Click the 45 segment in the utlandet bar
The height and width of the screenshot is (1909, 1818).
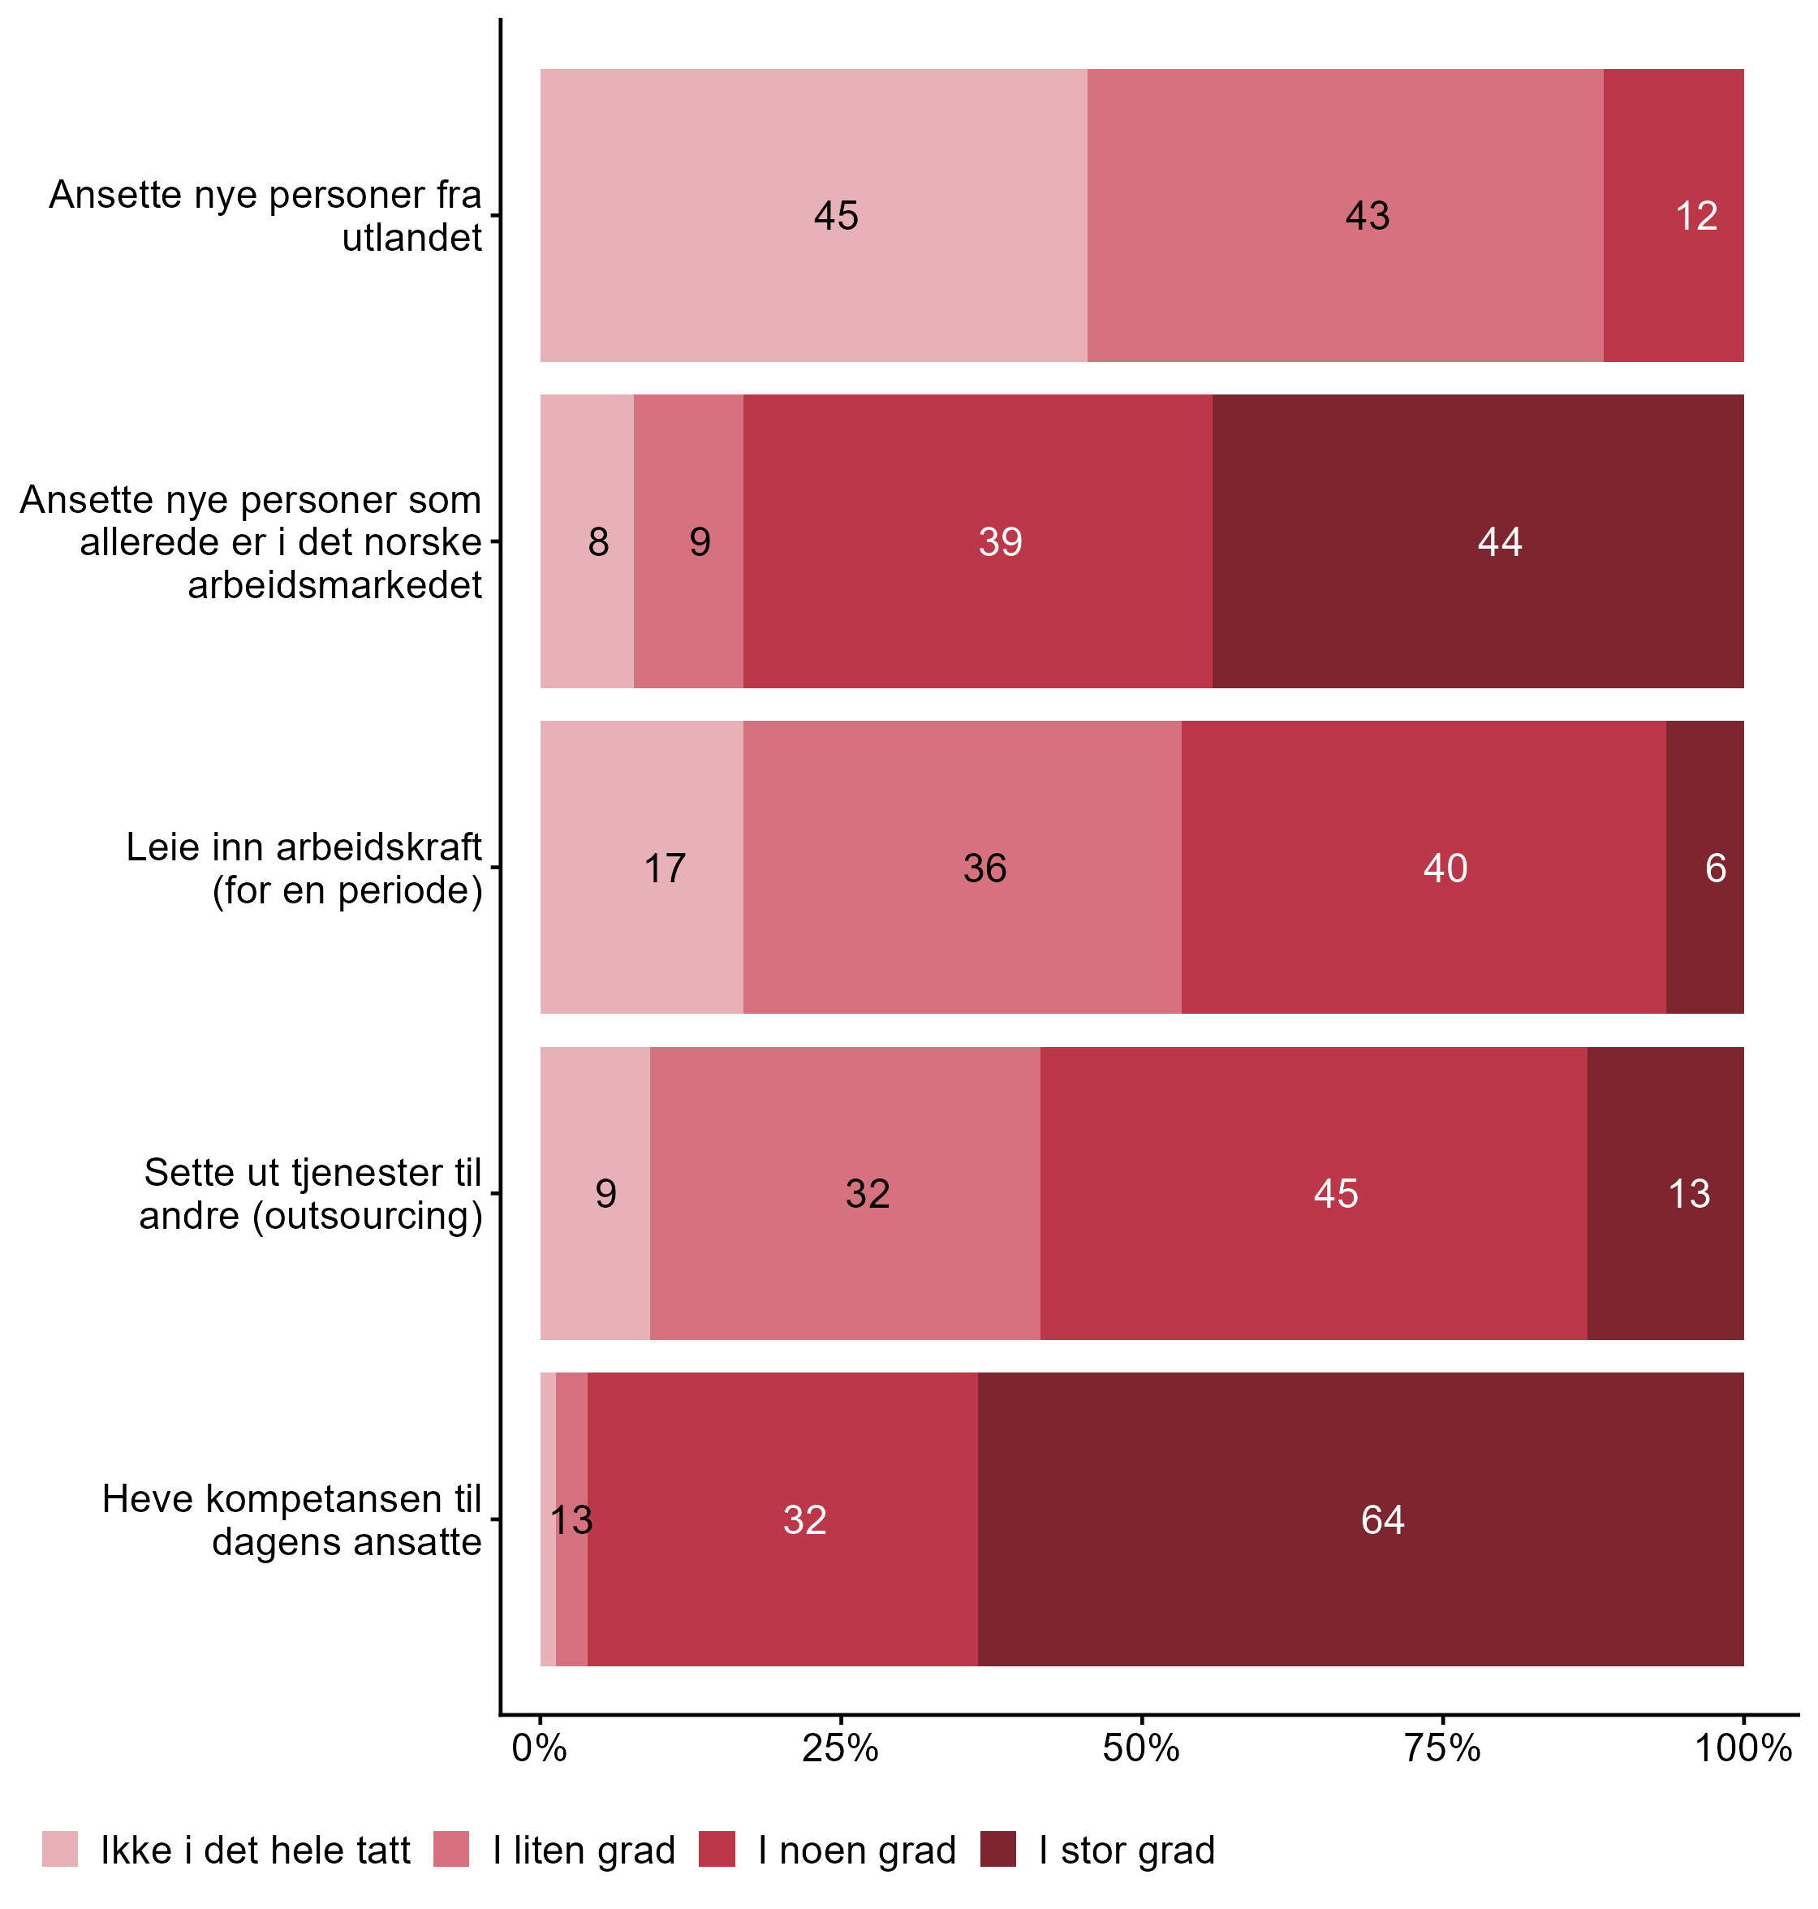click(813, 215)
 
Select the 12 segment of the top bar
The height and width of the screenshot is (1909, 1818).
click(1674, 215)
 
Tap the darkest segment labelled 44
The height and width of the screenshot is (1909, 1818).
click(1477, 541)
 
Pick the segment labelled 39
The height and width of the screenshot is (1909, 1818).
click(977, 541)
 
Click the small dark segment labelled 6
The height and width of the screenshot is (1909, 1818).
click(1704, 868)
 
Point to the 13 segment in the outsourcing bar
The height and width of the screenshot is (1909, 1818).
click(1665, 1193)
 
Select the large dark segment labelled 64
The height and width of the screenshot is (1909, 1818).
click(1359, 1519)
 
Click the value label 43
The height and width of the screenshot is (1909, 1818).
click(1368, 215)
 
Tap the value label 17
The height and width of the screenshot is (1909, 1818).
click(665, 868)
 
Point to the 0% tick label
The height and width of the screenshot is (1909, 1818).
click(540, 1748)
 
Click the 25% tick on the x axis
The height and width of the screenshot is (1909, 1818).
click(840, 1748)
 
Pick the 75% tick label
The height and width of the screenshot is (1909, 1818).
click(1443, 1748)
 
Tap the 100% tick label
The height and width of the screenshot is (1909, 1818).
click(1743, 1748)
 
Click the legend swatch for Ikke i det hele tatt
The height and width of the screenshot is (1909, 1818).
click(60, 1849)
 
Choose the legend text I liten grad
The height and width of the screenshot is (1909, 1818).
click(584, 1850)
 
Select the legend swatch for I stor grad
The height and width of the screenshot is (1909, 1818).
click(998, 1849)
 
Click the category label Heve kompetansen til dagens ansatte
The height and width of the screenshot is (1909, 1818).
click(291, 1519)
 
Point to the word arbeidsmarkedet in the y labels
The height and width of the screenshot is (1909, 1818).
click(334, 584)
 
